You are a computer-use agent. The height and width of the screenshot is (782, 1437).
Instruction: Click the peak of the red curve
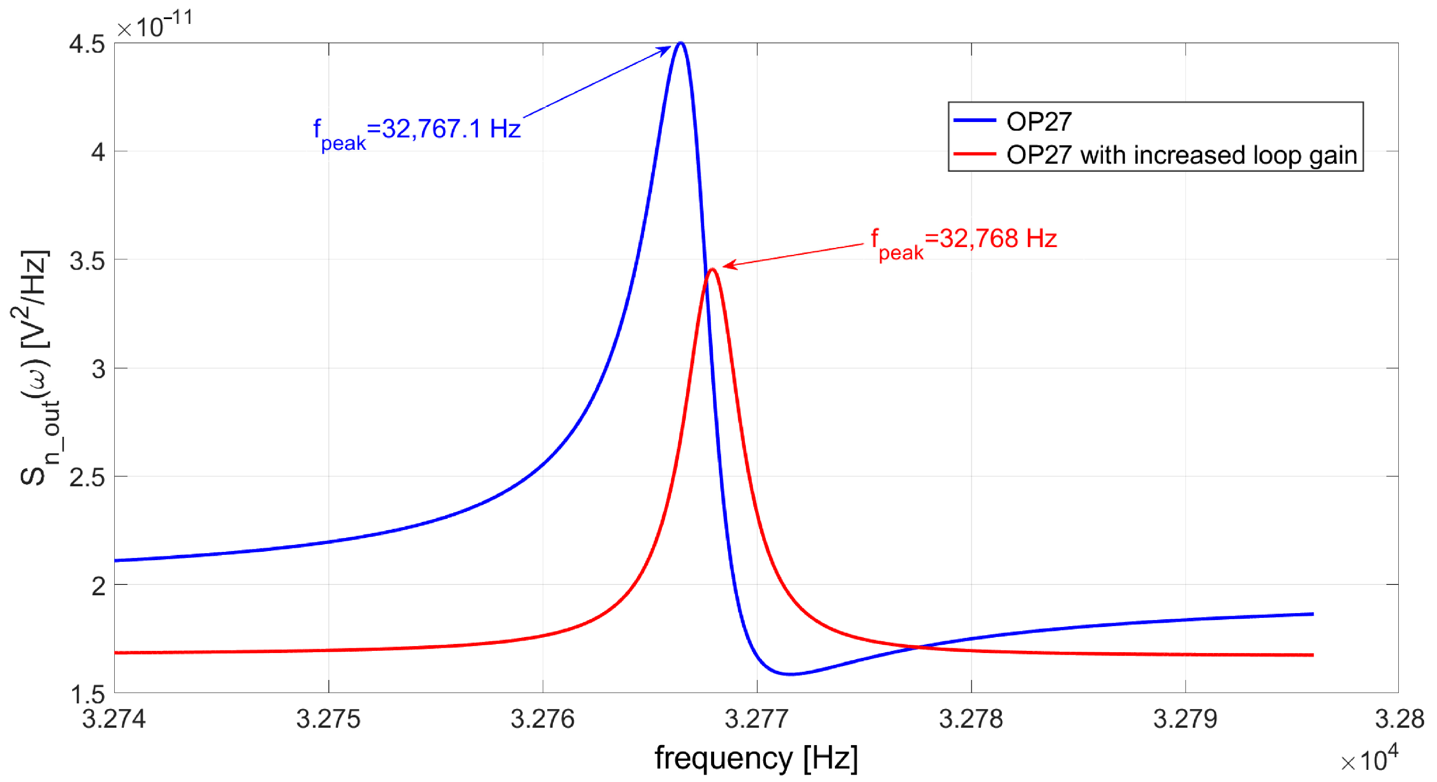click(x=712, y=271)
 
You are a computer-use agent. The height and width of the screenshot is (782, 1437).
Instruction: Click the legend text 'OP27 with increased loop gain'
click(x=1182, y=155)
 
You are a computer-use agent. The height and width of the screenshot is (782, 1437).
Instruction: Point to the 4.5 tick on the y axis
click(x=88, y=44)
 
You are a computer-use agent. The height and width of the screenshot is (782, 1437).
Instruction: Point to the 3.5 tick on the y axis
click(x=88, y=261)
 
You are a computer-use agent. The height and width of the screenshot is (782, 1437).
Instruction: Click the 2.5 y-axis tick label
click(x=88, y=478)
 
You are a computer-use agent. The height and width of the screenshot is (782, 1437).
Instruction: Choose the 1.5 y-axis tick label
click(x=88, y=694)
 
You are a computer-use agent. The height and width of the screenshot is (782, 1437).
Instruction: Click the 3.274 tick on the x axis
click(x=114, y=719)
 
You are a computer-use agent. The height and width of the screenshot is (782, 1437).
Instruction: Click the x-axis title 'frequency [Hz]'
click(x=756, y=758)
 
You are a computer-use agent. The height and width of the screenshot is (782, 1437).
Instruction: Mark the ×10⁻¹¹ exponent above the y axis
click(x=155, y=25)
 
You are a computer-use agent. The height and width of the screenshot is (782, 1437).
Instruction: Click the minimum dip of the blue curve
click(x=791, y=674)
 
